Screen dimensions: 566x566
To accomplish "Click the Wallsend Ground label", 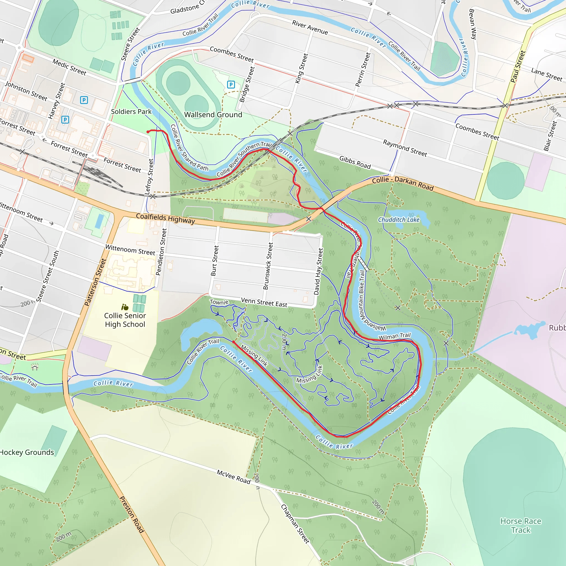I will [213, 114].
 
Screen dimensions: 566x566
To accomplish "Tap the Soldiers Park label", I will [131, 112].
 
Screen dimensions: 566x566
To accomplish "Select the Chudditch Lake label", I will [399, 220].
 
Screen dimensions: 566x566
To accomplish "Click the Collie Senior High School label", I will [125, 320].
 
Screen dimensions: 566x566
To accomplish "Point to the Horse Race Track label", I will [521, 526].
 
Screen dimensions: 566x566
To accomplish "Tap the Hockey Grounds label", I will [27, 452].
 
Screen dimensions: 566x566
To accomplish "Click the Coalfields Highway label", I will [166, 218].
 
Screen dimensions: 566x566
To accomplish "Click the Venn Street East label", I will [264, 302].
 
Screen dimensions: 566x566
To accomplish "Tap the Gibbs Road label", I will [355, 162].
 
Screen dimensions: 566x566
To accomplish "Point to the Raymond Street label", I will [405, 148].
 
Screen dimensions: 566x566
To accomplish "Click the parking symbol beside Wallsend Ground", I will [231, 85].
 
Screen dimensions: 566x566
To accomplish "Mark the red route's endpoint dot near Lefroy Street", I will [148, 132].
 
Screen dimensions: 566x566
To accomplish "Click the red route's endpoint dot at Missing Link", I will [234, 342].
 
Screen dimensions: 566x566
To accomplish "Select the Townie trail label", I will [219, 302].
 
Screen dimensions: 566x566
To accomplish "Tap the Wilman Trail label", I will [395, 336].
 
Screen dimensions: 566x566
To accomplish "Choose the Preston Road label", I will [132, 514].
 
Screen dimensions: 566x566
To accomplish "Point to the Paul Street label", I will [518, 67].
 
